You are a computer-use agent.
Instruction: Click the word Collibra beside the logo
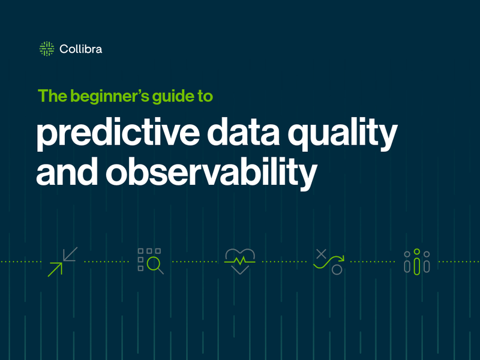(x=80, y=49)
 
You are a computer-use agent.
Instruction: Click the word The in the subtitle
(x=50, y=96)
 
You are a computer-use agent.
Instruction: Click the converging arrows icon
(x=62, y=262)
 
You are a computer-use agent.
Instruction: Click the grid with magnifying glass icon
(x=150, y=261)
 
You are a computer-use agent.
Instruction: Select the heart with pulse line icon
(x=240, y=262)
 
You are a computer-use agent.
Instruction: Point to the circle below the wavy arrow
(x=337, y=270)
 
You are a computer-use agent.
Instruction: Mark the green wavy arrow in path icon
(x=329, y=261)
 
